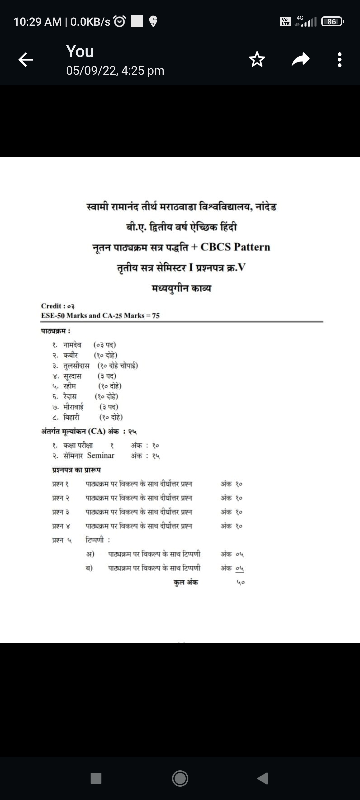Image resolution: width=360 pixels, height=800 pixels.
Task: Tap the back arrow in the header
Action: (x=26, y=60)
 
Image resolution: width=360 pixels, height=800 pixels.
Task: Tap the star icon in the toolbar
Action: (x=257, y=60)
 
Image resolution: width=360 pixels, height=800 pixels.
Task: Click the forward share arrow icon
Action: (x=301, y=60)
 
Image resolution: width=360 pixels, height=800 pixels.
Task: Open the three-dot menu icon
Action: (x=339, y=60)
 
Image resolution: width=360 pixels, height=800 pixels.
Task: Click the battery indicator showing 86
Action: (x=332, y=22)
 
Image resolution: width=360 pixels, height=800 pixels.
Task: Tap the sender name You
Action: (x=80, y=51)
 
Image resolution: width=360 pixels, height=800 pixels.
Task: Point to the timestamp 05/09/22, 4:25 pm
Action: (x=115, y=71)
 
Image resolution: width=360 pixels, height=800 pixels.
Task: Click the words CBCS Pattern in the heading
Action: (x=235, y=247)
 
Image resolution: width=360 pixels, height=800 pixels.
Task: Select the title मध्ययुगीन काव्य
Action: (x=181, y=288)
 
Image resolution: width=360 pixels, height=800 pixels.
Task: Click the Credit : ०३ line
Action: (x=58, y=306)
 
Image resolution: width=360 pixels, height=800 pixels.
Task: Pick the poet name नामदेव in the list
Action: (x=72, y=345)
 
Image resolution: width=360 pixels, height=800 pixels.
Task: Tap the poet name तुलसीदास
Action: (x=76, y=366)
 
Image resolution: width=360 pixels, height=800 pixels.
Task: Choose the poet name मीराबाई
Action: (x=73, y=407)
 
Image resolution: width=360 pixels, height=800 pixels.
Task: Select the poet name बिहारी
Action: (x=71, y=417)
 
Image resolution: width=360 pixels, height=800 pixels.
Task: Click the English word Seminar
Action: (x=101, y=455)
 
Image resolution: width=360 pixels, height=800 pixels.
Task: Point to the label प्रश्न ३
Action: (x=61, y=512)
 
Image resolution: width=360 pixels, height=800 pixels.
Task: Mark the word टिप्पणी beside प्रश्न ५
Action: (x=95, y=540)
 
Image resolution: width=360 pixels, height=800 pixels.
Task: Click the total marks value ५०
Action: (x=241, y=582)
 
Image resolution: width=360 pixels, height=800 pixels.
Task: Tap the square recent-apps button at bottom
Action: (x=96, y=778)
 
